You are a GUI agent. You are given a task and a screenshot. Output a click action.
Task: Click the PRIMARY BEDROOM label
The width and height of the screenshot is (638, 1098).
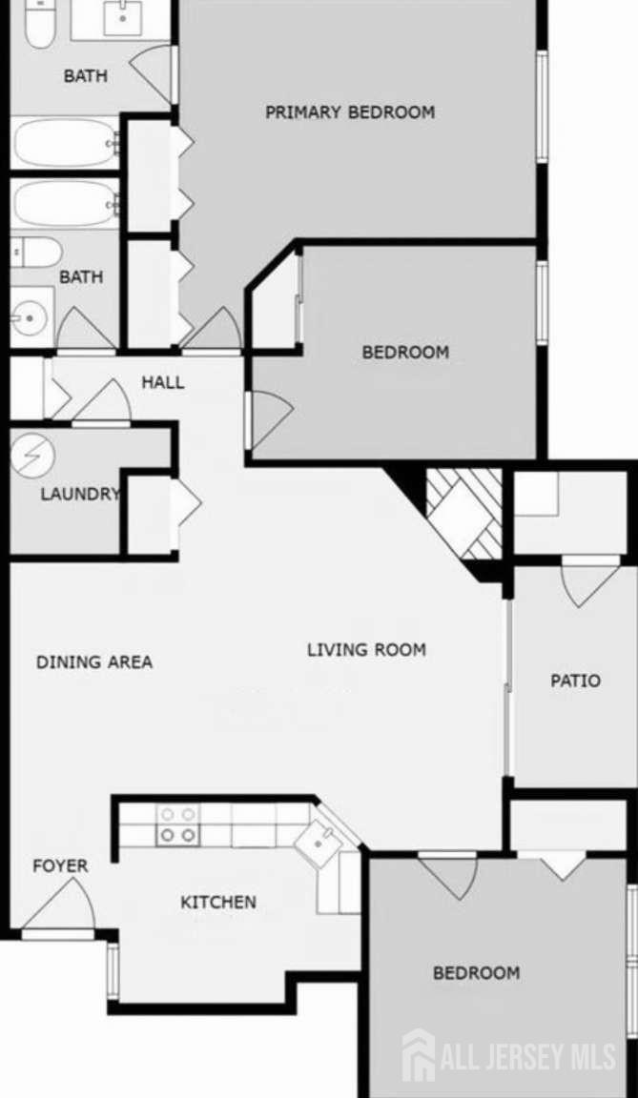[x=349, y=112]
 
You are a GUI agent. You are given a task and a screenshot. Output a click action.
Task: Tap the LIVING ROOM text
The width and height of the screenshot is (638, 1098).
[x=366, y=650]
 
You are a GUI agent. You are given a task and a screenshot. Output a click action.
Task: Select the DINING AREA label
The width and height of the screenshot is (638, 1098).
[x=94, y=661]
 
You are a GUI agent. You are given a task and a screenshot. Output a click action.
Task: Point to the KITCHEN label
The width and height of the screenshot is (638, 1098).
[x=218, y=902]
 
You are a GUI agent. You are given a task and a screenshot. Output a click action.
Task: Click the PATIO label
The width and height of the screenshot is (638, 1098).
[x=576, y=680]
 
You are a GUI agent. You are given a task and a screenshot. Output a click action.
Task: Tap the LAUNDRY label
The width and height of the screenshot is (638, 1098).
[x=80, y=494]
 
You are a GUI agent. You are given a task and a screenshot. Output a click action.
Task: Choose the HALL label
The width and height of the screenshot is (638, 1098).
[x=163, y=382]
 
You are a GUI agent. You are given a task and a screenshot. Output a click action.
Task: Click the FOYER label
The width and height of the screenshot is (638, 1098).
[x=60, y=866]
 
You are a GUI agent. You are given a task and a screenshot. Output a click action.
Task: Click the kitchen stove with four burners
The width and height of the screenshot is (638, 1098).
[x=178, y=824]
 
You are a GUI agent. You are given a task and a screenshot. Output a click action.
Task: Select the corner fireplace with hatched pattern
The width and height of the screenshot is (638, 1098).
[x=464, y=514]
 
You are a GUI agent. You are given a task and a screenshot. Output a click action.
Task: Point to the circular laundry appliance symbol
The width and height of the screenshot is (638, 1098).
[x=31, y=456]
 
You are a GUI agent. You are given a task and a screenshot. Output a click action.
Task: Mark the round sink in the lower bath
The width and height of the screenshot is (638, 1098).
[x=30, y=318]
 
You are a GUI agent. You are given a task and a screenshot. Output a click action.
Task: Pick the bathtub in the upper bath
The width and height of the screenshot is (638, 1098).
[x=65, y=143]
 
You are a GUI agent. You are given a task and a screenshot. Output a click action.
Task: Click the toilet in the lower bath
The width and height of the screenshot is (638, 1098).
[x=36, y=252]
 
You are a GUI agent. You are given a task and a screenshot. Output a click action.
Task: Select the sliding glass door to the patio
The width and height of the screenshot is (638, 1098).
[x=508, y=687]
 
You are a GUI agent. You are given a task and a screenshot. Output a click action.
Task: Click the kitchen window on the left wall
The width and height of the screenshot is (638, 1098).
[x=112, y=971]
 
